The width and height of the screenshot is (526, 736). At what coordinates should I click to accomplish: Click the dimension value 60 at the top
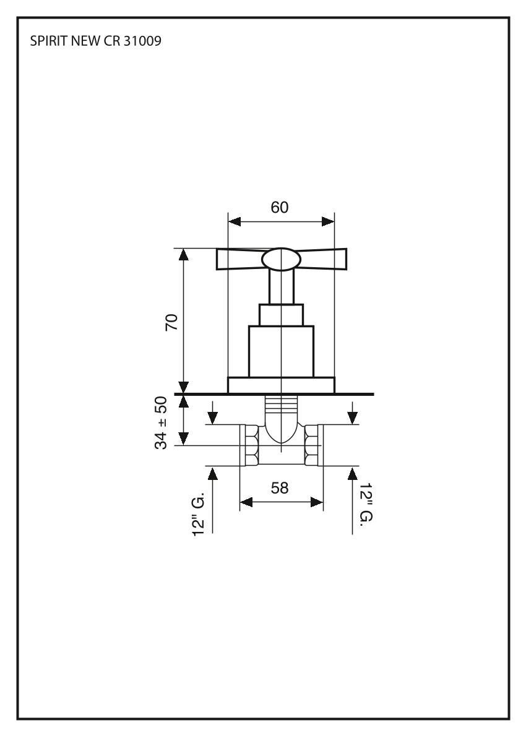click(x=280, y=208)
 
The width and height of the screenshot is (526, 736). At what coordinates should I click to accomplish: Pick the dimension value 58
click(x=280, y=488)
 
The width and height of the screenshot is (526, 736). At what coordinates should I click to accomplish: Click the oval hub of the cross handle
click(x=282, y=260)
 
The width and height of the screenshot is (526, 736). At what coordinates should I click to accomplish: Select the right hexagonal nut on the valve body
click(x=313, y=445)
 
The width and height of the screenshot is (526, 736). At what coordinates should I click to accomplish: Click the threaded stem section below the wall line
click(x=281, y=408)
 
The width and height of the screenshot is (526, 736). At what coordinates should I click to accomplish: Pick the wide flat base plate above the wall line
click(x=281, y=385)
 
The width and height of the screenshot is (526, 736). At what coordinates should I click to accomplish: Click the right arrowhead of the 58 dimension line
click(x=318, y=502)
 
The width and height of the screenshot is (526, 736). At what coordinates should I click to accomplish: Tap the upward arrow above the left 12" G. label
click(x=213, y=474)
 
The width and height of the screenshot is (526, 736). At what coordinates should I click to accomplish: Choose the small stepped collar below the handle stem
click(x=281, y=315)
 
